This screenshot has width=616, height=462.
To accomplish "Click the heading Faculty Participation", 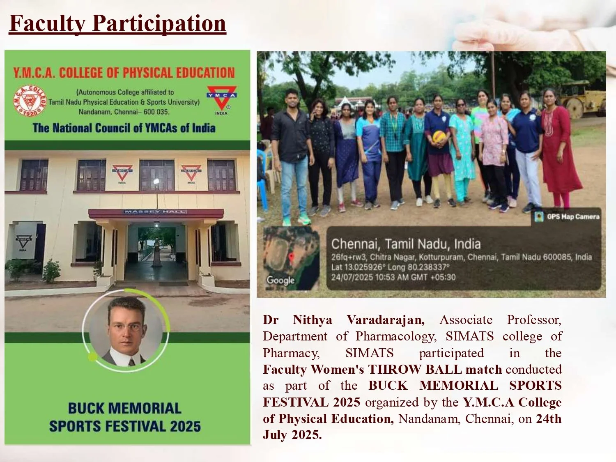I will pyautogui.click(x=117, y=23).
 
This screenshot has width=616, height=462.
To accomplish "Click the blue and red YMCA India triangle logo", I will pyautogui.click(x=221, y=98).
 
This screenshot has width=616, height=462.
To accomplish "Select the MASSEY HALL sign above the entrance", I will pyautogui.click(x=156, y=211).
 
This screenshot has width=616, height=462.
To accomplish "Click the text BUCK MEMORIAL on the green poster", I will pyautogui.click(x=124, y=408).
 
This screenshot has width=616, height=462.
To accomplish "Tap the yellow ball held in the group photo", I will pyautogui.click(x=439, y=137).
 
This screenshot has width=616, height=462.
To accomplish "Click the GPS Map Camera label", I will pyautogui.click(x=572, y=216).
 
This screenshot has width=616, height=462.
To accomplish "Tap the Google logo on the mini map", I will pyautogui.click(x=280, y=280).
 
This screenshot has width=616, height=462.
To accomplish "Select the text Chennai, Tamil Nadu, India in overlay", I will pyautogui.click(x=406, y=244).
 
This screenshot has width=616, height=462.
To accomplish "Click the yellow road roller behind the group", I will pyautogui.click(x=583, y=99).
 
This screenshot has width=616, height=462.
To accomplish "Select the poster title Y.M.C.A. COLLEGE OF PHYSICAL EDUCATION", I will pyautogui.click(x=124, y=73).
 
